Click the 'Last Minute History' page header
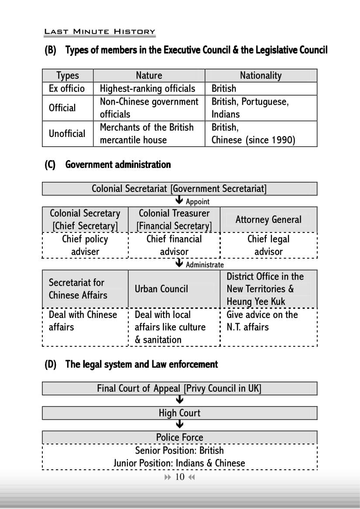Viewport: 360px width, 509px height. click(99, 31)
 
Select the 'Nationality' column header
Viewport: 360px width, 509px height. click(261, 75)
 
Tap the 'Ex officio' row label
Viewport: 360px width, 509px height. click(67, 89)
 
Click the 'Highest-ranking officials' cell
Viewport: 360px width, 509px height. click(147, 89)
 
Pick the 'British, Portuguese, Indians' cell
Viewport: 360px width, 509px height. click(250, 108)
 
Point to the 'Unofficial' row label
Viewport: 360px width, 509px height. click(67, 133)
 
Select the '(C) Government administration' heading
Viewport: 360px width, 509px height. click(107, 164)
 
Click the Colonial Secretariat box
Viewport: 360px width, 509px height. click(179, 189)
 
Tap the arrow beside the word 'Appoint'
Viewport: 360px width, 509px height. click(178, 201)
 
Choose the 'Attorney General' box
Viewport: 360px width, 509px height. click(268, 219)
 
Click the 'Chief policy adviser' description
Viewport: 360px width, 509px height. click(85, 245)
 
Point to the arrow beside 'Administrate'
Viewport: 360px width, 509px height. click(178, 264)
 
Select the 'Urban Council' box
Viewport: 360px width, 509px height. click(161, 289)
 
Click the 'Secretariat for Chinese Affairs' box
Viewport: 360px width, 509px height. click(85, 289)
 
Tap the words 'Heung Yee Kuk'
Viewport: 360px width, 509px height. click(256, 301)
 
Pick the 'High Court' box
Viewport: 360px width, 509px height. click(179, 413)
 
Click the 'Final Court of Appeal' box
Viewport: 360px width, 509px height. click(179, 388)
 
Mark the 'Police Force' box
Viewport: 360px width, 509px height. click(179, 437)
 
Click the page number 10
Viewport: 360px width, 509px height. click(180, 477)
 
